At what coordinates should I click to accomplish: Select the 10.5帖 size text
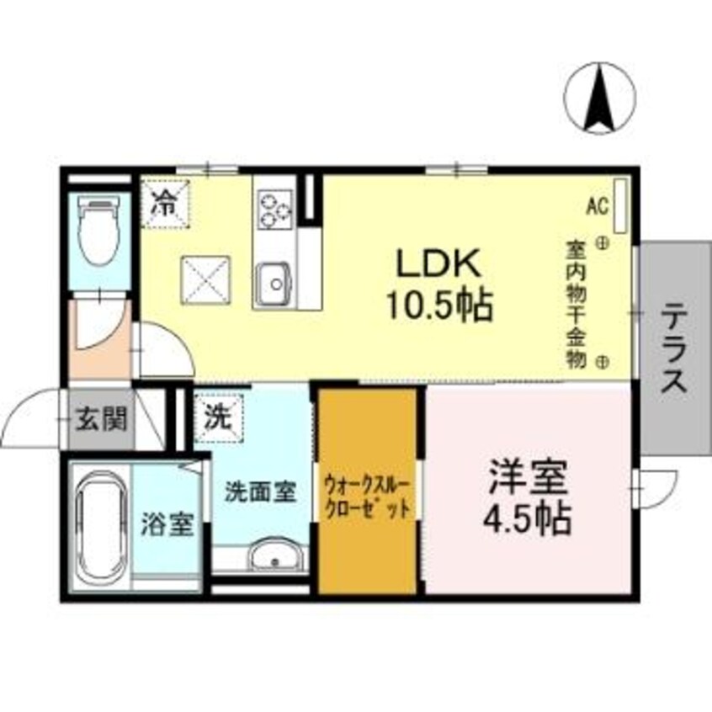coord(438,305)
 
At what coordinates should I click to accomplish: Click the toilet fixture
coord(98,232)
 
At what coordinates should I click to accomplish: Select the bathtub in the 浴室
coord(99,529)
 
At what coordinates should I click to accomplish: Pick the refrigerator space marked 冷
coord(167,203)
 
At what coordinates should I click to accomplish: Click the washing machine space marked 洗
coord(218,416)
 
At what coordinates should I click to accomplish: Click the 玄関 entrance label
coord(101,419)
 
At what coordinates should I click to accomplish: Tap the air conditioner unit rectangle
coord(621,205)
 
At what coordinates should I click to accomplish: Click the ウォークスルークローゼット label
coord(368,497)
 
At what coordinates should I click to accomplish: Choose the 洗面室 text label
coord(260,491)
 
